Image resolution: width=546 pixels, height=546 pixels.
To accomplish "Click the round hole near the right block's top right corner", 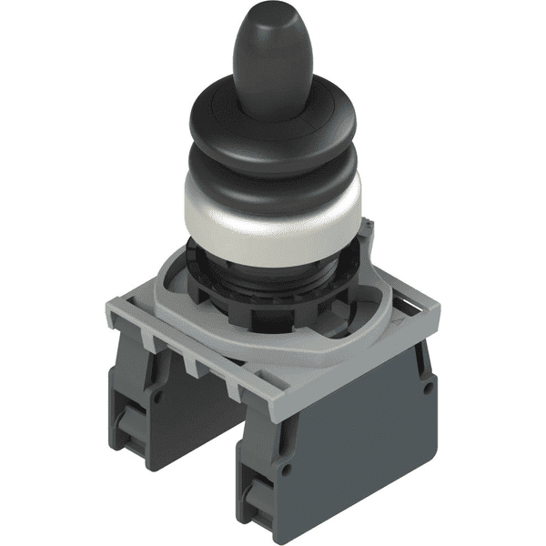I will click(424, 364).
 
